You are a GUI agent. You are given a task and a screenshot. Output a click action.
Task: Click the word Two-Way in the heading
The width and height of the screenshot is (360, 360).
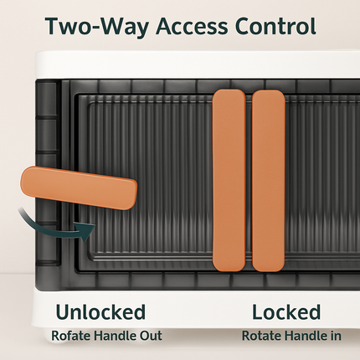(x=97, y=27)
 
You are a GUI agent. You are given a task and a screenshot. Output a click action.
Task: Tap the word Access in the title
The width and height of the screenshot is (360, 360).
(x=192, y=26)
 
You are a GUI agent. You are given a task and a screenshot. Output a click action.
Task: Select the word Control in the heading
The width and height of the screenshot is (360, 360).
(x=275, y=26)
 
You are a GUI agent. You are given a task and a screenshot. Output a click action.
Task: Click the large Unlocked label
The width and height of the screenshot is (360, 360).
(x=100, y=311)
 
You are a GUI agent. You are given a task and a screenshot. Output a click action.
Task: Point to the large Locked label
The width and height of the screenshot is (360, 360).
(x=286, y=311)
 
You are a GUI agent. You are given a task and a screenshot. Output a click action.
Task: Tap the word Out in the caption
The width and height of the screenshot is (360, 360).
(x=151, y=336)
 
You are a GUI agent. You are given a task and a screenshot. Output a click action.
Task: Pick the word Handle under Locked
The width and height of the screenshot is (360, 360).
(x=305, y=336)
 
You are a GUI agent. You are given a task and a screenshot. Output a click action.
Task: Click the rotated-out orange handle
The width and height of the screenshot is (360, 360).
(x=79, y=188)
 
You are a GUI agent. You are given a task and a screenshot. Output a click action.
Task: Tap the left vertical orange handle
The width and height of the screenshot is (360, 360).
(x=229, y=180)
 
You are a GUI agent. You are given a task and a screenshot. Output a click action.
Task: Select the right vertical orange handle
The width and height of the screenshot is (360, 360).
(x=269, y=181)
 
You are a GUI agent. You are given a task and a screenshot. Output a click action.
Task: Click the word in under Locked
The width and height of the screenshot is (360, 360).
(x=336, y=336)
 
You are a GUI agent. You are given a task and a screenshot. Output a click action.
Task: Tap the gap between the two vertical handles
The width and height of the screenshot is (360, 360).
(x=249, y=180)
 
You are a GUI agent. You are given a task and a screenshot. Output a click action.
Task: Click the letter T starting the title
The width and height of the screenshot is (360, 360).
(x=54, y=27)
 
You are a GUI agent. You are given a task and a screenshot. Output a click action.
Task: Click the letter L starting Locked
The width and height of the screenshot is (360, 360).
(x=258, y=311)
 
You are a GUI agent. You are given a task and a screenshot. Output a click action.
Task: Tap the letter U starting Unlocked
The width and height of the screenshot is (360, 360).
(x=63, y=311)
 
